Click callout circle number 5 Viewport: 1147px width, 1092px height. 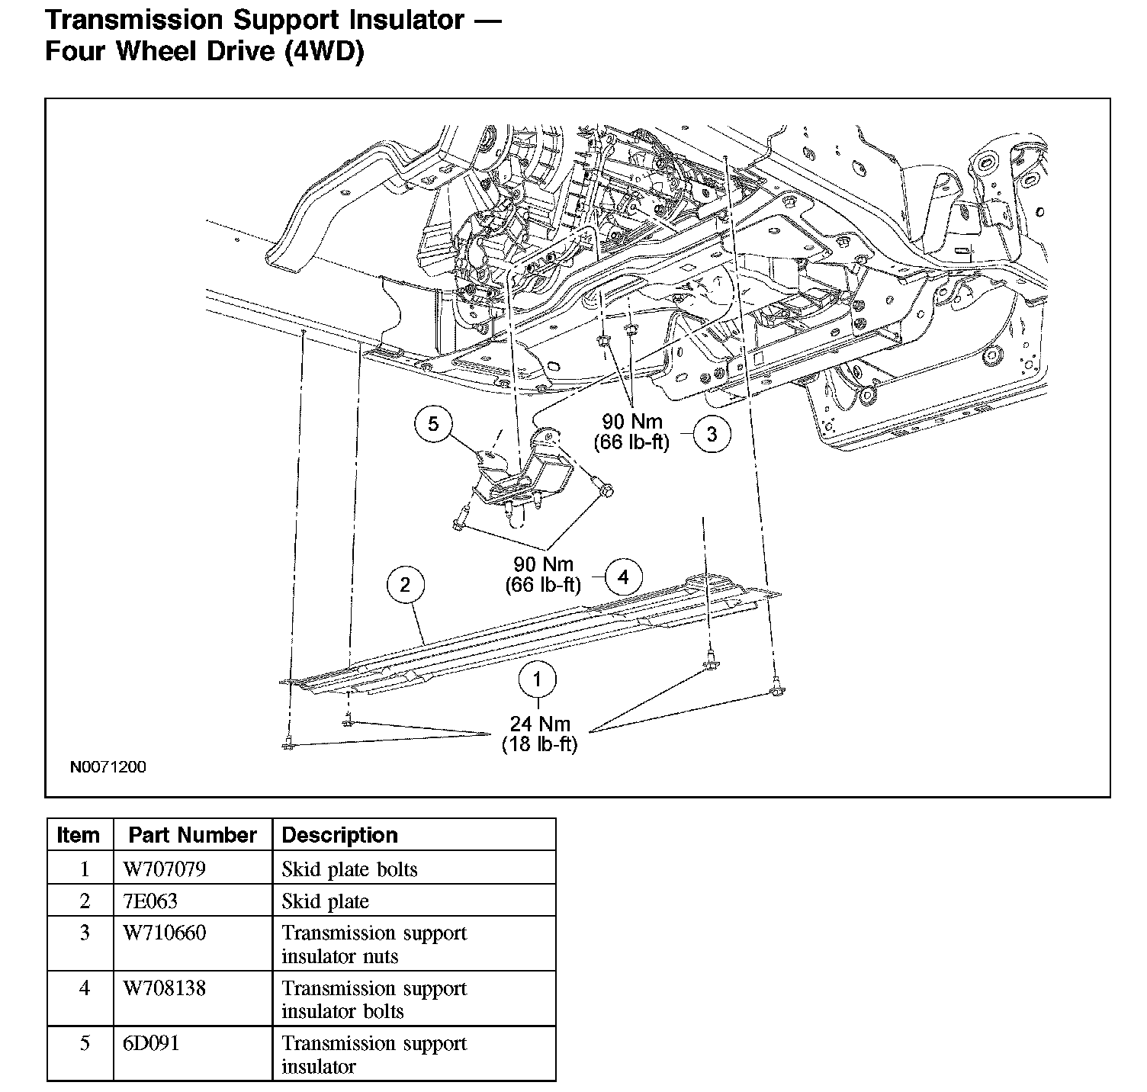433,424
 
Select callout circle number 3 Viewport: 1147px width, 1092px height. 712,434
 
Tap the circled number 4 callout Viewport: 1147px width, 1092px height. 623,577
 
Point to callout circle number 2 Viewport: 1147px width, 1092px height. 405,585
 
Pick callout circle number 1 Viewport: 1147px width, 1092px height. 538,679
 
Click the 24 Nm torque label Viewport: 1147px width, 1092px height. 539,723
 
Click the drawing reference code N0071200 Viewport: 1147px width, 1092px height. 108,766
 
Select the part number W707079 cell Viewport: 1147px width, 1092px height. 164,869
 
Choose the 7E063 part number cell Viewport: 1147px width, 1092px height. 150,901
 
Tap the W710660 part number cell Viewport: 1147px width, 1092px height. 164,933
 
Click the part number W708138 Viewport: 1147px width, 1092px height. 164,988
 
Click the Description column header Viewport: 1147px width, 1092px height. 339,835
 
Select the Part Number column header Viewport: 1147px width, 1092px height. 192,835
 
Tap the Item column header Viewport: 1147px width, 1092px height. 79,835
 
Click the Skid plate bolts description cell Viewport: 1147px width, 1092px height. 349,869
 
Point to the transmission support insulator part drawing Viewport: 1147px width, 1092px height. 526,477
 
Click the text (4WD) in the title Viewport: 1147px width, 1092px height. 323,52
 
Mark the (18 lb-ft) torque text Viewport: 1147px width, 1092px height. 539,744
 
